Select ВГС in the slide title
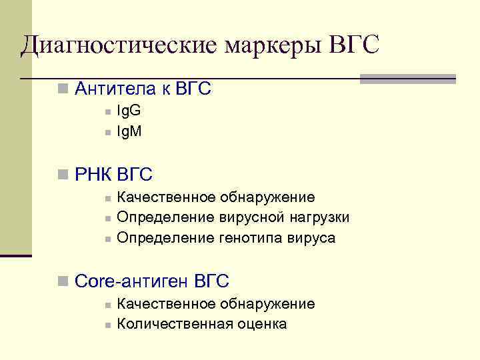355,45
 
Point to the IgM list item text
129,132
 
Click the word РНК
94,175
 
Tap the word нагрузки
319,218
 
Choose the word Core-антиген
132,281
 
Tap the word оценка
262,325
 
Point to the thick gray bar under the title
407,79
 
